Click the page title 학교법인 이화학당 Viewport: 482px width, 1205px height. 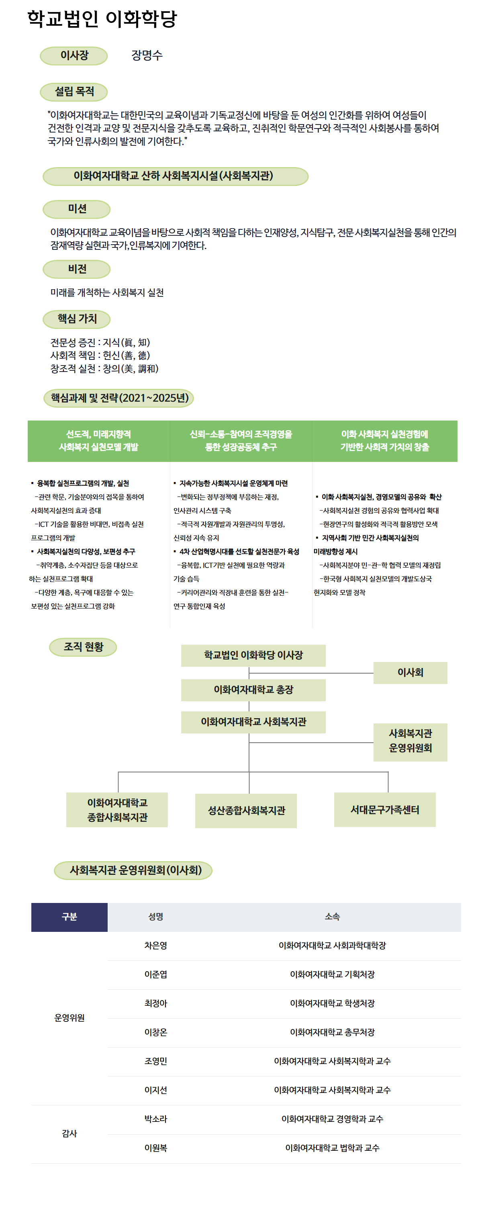pyautogui.click(x=102, y=19)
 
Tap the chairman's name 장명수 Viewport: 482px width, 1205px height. pyautogui.click(x=147, y=55)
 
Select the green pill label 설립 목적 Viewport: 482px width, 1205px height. pyautogui.click(x=74, y=92)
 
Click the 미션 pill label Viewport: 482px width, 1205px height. pyautogui.click(x=77, y=209)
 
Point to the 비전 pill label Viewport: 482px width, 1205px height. pyautogui.click(x=77, y=269)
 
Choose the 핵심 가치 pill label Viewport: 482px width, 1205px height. pyautogui.click(x=77, y=319)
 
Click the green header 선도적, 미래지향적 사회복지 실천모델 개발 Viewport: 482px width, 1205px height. pyautogui.click(x=99, y=441)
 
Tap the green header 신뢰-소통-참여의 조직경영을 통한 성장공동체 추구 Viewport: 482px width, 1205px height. pyautogui.click(x=241, y=441)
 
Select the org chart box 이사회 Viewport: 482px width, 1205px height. pyautogui.click(x=410, y=673)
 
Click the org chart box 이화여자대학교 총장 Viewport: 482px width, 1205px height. pyautogui.click(x=253, y=690)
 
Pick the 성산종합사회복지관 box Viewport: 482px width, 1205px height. pyautogui.click(x=246, y=811)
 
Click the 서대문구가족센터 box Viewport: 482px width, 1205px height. pyautogui.click(x=385, y=810)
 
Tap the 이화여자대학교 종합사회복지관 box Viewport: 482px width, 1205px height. pyautogui.click(x=117, y=810)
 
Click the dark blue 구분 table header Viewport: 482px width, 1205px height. pyautogui.click(x=69, y=917)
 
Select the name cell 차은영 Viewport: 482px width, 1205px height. pyautogui.click(x=156, y=946)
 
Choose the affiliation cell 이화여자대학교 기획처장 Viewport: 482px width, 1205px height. pyautogui.click(x=332, y=974)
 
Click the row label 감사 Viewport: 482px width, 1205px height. pyautogui.click(x=69, y=1134)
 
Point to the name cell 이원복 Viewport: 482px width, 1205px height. pyautogui.click(x=156, y=1148)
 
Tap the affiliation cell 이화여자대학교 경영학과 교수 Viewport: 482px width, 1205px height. pyautogui.click(x=332, y=1119)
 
